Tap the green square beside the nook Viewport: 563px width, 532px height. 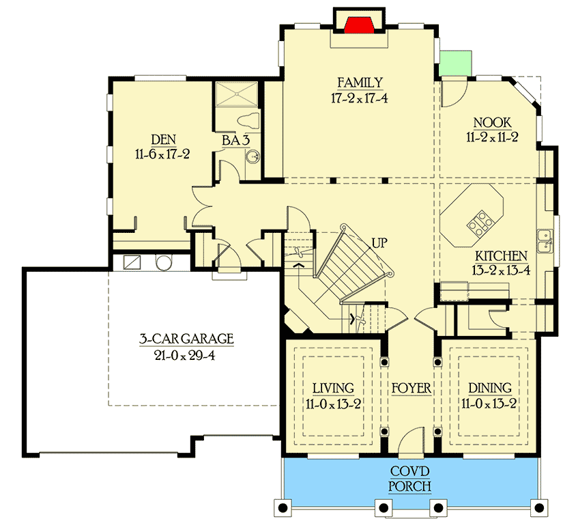[456, 64]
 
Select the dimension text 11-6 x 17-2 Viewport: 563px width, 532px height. [162, 154]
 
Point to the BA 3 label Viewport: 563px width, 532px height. [234, 141]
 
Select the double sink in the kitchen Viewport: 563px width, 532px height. [545, 240]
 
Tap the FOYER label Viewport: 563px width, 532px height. [411, 389]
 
